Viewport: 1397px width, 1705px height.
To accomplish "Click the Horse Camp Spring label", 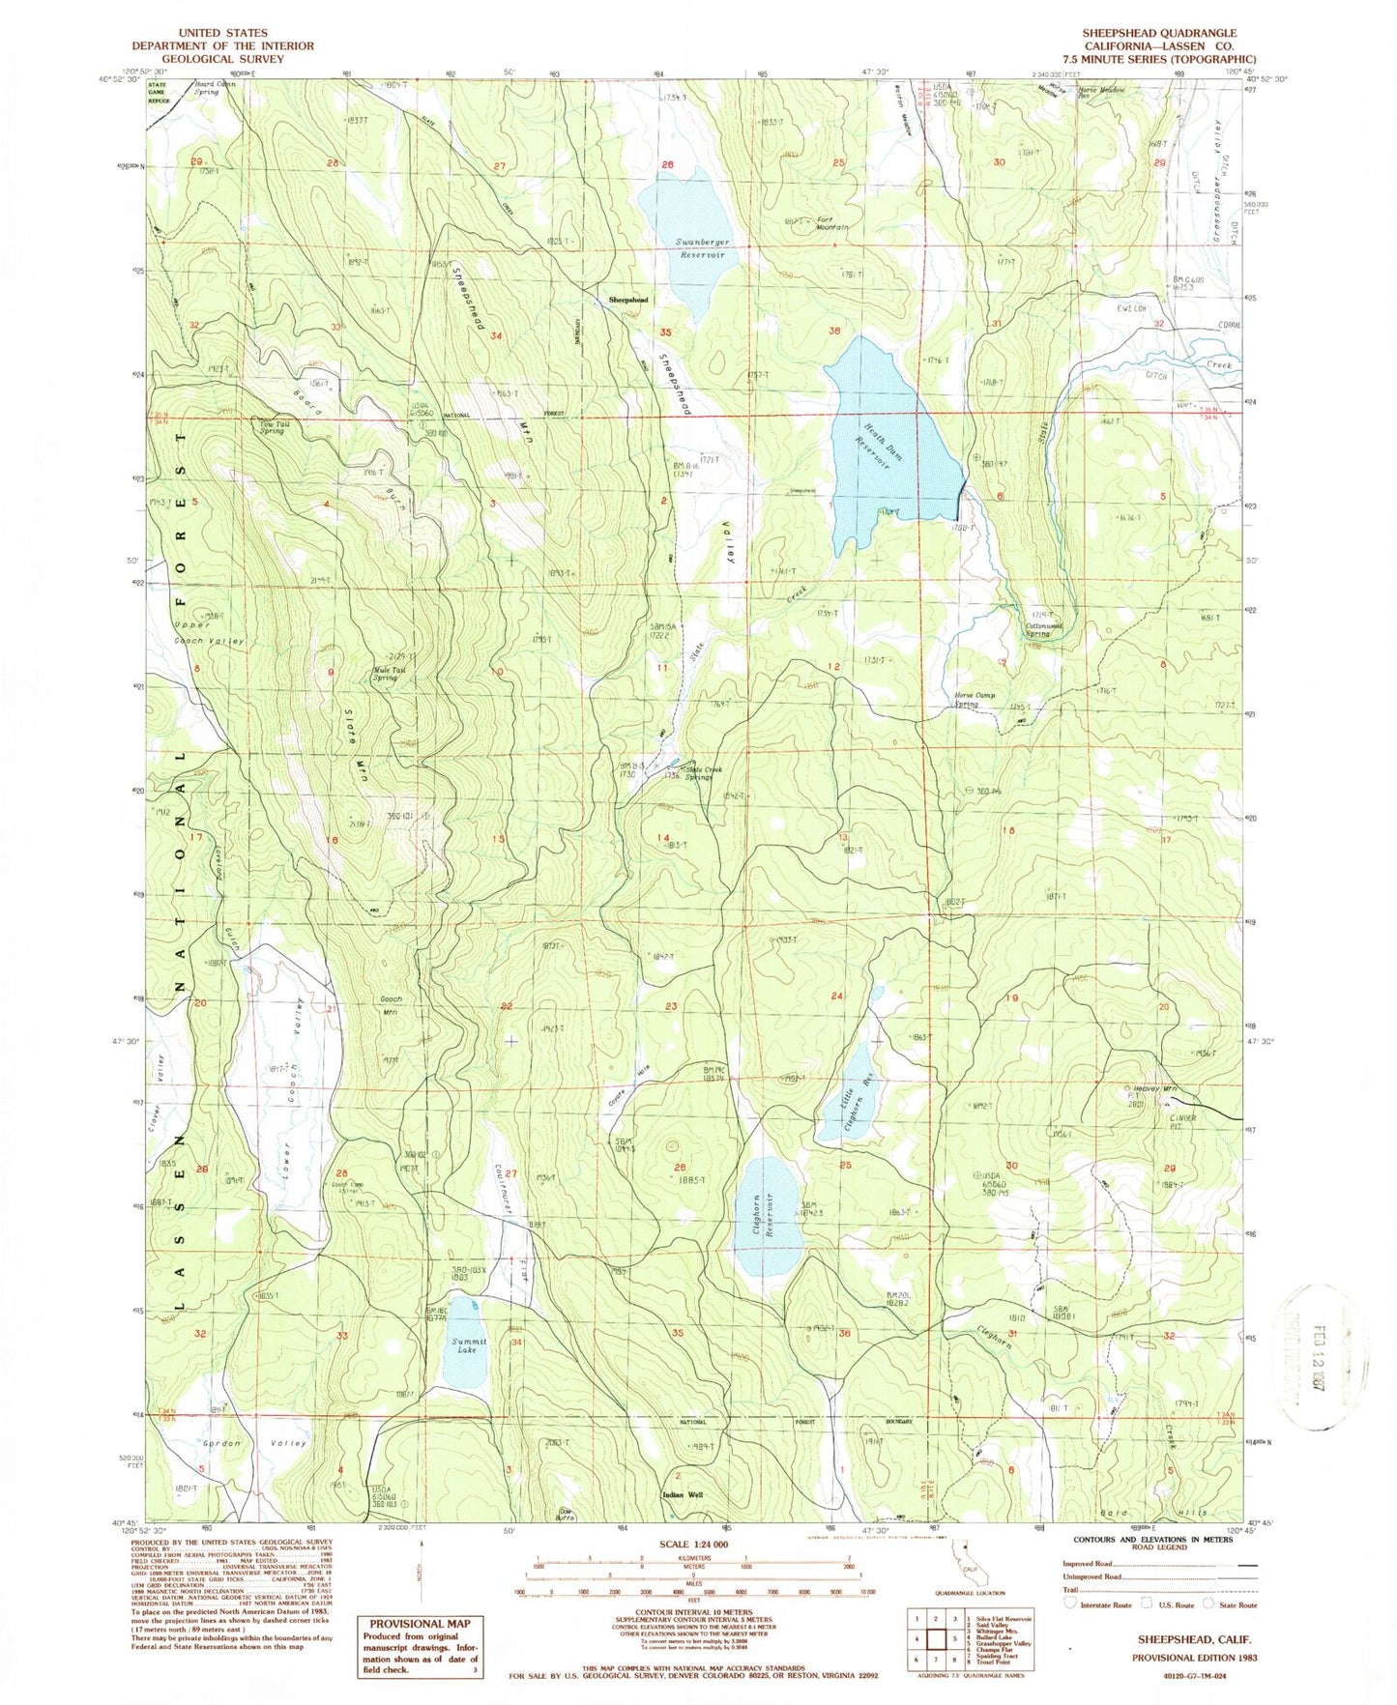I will (x=975, y=699).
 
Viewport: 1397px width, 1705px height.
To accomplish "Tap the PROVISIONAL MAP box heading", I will (x=420, y=1624).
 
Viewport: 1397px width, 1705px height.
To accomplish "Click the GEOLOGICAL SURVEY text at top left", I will (x=222, y=59).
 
